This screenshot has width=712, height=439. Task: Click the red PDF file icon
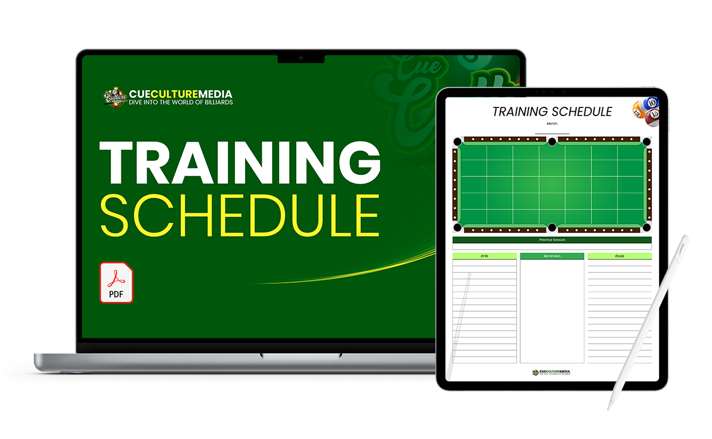click(116, 283)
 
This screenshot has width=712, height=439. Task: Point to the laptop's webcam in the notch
click(301, 58)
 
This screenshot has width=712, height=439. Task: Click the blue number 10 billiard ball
click(651, 103)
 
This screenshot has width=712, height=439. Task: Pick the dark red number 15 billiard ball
click(653, 117)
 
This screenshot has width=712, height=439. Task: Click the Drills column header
click(484, 256)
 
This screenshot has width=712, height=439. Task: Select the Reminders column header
click(552, 256)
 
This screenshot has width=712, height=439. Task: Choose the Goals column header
click(619, 256)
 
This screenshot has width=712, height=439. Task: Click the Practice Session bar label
click(552, 240)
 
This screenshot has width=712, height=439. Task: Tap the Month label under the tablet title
click(552, 124)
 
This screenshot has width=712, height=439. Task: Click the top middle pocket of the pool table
click(552, 141)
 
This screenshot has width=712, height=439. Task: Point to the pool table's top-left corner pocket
click(457, 142)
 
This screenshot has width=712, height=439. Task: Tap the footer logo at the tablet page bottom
click(552, 372)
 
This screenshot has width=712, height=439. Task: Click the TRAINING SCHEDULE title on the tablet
click(552, 112)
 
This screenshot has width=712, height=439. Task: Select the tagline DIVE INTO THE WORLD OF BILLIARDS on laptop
click(181, 102)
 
